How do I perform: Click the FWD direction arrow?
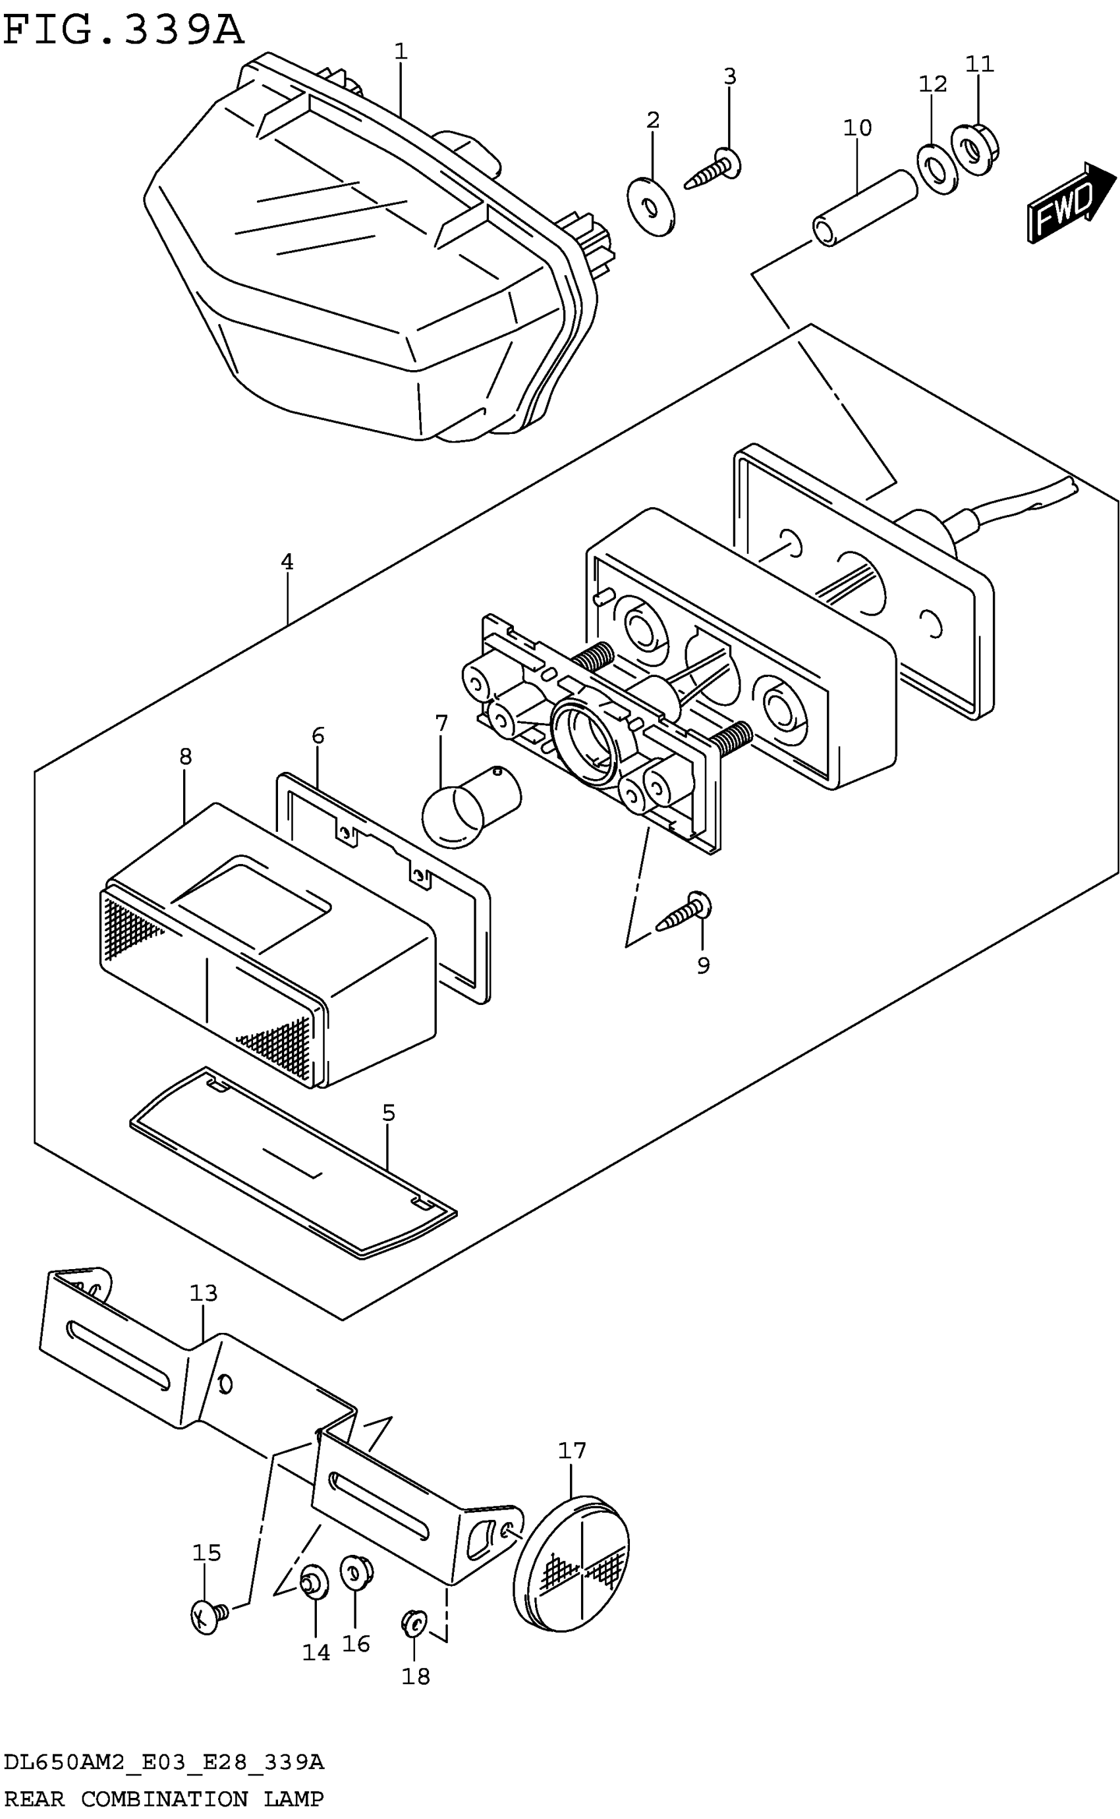coord(1070,203)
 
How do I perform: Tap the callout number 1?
coord(401,51)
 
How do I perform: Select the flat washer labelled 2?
coord(650,207)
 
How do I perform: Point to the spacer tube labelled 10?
coord(865,207)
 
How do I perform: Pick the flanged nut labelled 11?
coord(975,150)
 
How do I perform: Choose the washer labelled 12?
coord(937,169)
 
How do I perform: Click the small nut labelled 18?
coord(412,1623)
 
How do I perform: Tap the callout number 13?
coord(204,1293)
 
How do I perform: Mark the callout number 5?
coord(389,1113)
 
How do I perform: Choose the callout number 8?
coord(185,756)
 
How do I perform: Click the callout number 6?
coord(318,735)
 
